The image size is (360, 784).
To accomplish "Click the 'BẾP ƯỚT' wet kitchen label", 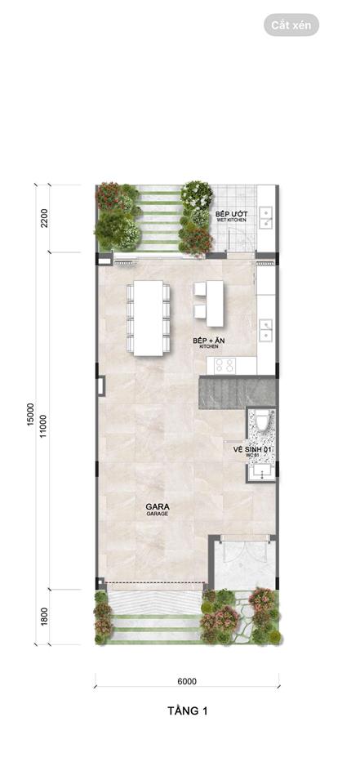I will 231,215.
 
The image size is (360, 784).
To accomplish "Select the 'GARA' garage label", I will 157,507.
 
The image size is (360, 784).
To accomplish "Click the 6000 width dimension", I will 187,681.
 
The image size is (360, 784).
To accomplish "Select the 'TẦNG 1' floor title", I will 186,711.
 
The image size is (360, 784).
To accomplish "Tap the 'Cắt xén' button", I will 291,25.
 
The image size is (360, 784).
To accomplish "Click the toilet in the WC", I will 262,422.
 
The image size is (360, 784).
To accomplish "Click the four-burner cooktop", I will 224,365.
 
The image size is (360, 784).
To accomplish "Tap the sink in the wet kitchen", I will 265,216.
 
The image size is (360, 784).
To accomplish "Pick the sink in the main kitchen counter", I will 265,330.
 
